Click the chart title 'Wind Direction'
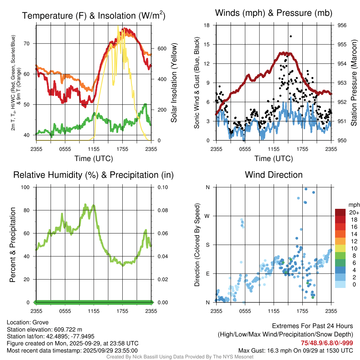click(x=274, y=175)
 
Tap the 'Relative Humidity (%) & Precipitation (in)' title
click(x=93, y=175)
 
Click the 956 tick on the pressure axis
click(x=341, y=25)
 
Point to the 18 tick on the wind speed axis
click(x=207, y=25)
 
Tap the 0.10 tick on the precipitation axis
click(x=162, y=187)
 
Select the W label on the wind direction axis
click(x=207, y=216)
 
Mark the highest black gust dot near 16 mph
click(x=291, y=36)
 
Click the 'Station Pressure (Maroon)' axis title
click(x=354, y=83)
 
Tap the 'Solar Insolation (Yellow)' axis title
click(x=174, y=83)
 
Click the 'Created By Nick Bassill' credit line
click(x=180, y=357)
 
